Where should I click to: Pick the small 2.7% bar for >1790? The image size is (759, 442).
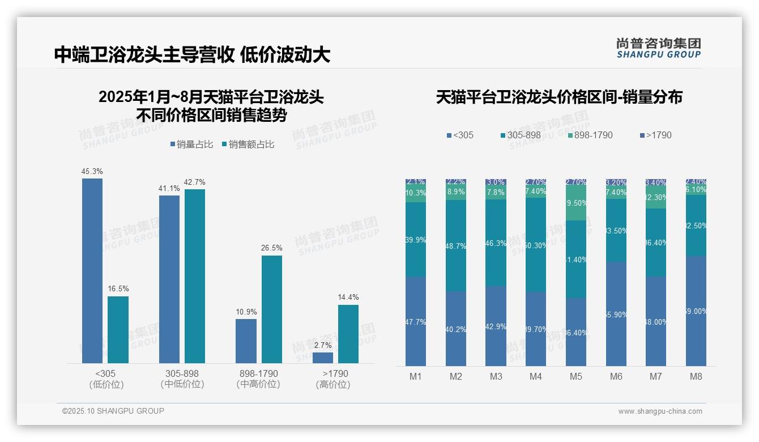[x=323, y=358]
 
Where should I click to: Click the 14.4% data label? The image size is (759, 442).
[x=348, y=297]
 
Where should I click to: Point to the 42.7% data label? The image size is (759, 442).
[x=195, y=182]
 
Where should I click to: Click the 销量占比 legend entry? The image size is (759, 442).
[x=191, y=144]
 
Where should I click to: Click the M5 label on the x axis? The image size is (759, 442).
[x=576, y=377]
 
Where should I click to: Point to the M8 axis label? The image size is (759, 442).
[x=696, y=377]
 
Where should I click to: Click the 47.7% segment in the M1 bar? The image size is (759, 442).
[x=416, y=321]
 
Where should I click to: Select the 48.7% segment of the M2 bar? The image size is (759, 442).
[x=456, y=245]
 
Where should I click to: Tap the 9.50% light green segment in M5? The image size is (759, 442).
[x=576, y=203]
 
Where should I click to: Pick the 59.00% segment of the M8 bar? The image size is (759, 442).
[x=696, y=311]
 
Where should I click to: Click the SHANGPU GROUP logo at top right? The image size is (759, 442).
[x=659, y=48]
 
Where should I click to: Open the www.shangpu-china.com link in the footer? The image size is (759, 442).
[x=660, y=411]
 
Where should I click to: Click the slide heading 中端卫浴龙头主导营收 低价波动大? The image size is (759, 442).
[x=192, y=54]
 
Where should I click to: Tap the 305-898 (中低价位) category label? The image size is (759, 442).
[x=182, y=379]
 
